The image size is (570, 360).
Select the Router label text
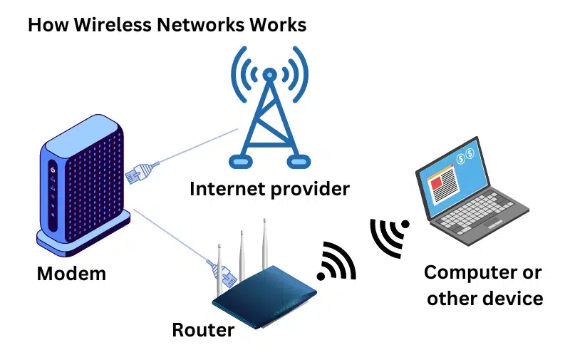click(203, 330)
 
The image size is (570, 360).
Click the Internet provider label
click(269, 189)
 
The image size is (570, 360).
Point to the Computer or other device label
click(484, 284)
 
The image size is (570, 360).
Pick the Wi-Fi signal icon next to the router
click(338, 262)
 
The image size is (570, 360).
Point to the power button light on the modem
click(53, 170)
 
